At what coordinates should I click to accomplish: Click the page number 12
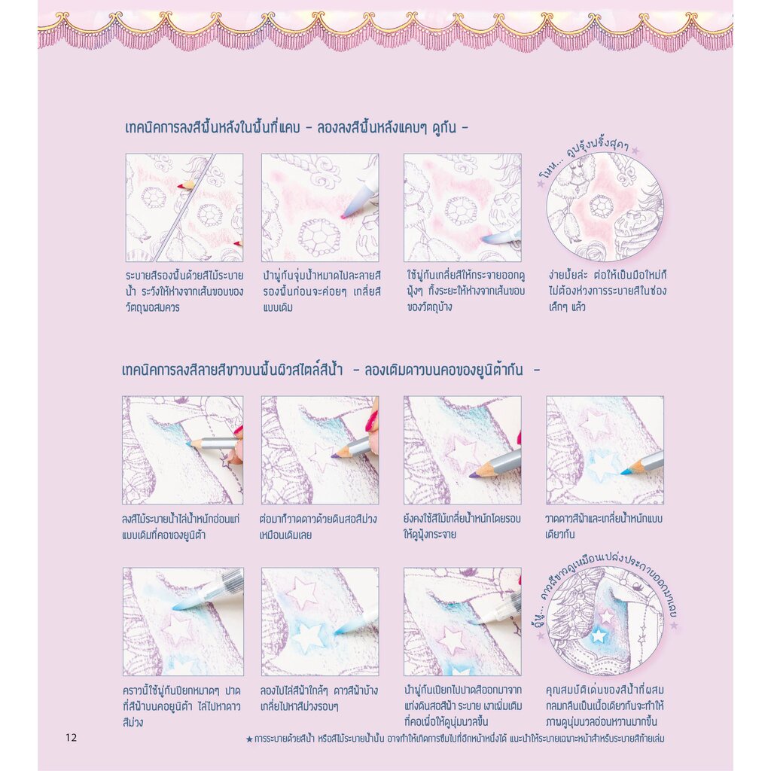(72, 737)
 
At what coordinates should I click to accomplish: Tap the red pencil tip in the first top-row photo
(181, 186)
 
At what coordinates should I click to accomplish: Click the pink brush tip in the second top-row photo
(343, 215)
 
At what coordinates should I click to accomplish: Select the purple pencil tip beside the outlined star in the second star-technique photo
(334, 456)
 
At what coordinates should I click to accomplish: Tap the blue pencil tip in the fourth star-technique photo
(624, 472)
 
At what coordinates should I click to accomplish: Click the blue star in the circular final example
(599, 635)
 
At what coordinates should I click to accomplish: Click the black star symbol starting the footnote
(249, 739)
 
